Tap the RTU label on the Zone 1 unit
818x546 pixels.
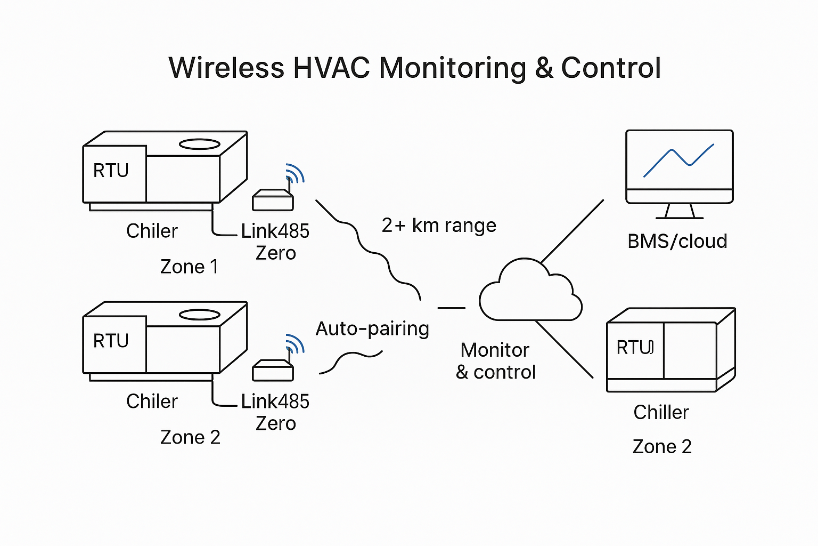click(x=111, y=171)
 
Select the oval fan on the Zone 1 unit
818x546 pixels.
click(x=199, y=144)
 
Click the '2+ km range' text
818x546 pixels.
click(x=439, y=226)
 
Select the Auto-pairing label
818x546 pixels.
click(x=372, y=328)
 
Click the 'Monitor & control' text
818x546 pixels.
click(x=495, y=361)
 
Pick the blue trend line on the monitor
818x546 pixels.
click(x=678, y=159)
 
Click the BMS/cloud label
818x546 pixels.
click(x=677, y=241)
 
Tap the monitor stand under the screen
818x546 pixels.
click(x=679, y=211)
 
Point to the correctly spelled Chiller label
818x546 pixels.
click(x=661, y=412)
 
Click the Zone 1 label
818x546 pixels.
click(x=189, y=267)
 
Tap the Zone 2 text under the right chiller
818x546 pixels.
click(x=662, y=446)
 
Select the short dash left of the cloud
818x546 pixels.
click(x=451, y=308)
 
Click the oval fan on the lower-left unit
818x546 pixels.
click(x=199, y=315)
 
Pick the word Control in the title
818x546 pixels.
click(x=611, y=68)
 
